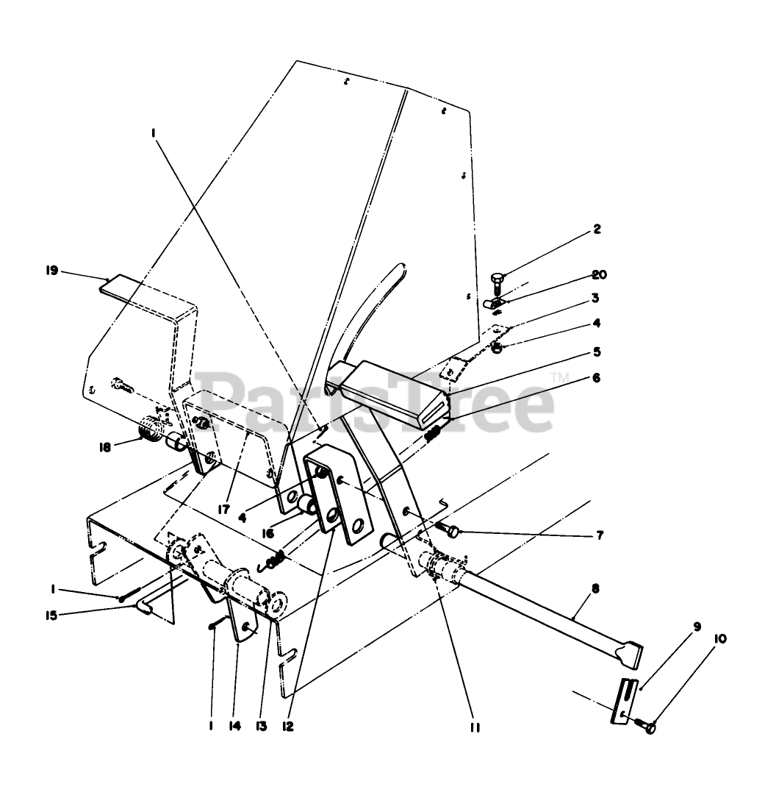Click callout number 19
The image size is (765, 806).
point(50,271)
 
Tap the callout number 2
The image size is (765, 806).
point(597,229)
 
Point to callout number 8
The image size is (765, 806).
point(595,588)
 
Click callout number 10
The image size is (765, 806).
point(719,639)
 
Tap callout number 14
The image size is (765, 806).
point(235,726)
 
